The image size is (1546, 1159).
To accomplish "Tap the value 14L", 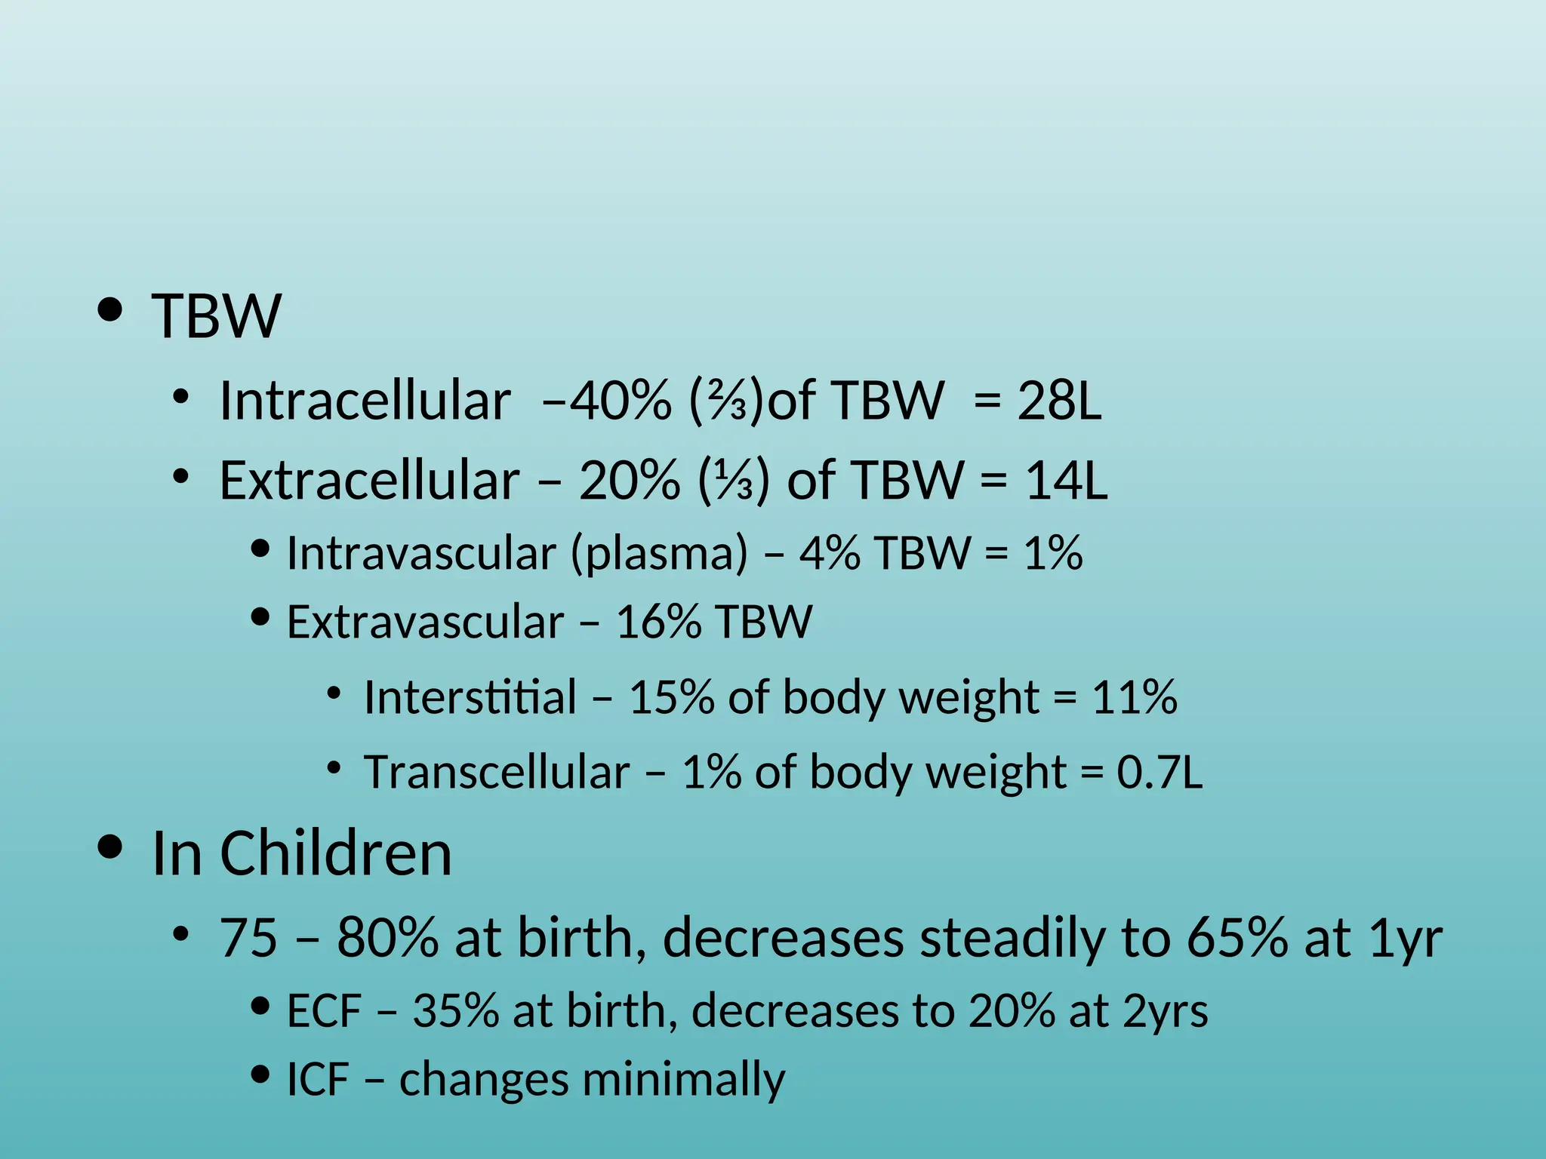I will pos(1066,480).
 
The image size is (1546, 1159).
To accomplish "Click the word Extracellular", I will pos(369,480).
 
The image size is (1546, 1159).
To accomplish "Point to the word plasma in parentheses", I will pos(659,553).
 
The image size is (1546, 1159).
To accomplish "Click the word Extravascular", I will pos(425,622).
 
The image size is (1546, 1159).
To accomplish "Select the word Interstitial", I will pos(470,696).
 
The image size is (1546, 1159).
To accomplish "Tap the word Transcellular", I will pos(497,772).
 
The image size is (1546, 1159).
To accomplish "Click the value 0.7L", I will pos(1159,772).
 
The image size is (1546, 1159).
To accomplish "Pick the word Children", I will pos(336,853).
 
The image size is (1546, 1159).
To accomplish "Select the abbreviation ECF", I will pos(324,1011).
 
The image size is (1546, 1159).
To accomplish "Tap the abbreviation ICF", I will pos(318,1080).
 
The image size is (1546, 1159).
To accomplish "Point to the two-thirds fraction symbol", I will pos(728,401).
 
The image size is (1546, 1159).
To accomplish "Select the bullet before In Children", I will pos(110,847).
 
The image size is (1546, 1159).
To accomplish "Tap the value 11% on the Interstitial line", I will pos(1134,696).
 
